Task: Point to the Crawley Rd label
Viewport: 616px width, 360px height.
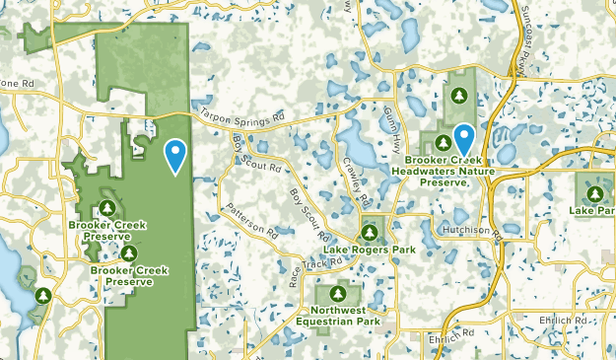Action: (x=352, y=176)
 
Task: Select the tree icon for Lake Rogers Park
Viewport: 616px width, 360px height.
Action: (x=369, y=233)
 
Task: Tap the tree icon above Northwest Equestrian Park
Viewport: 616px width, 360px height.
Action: (x=338, y=293)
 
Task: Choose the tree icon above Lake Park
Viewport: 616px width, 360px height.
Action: (x=597, y=191)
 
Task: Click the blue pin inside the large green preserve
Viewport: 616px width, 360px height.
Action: (x=175, y=155)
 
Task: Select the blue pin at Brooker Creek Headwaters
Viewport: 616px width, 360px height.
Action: (x=462, y=138)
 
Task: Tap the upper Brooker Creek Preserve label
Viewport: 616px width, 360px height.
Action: (x=107, y=231)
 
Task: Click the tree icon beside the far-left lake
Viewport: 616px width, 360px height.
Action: (x=43, y=294)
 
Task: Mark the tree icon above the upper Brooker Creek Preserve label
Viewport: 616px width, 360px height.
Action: (x=107, y=208)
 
